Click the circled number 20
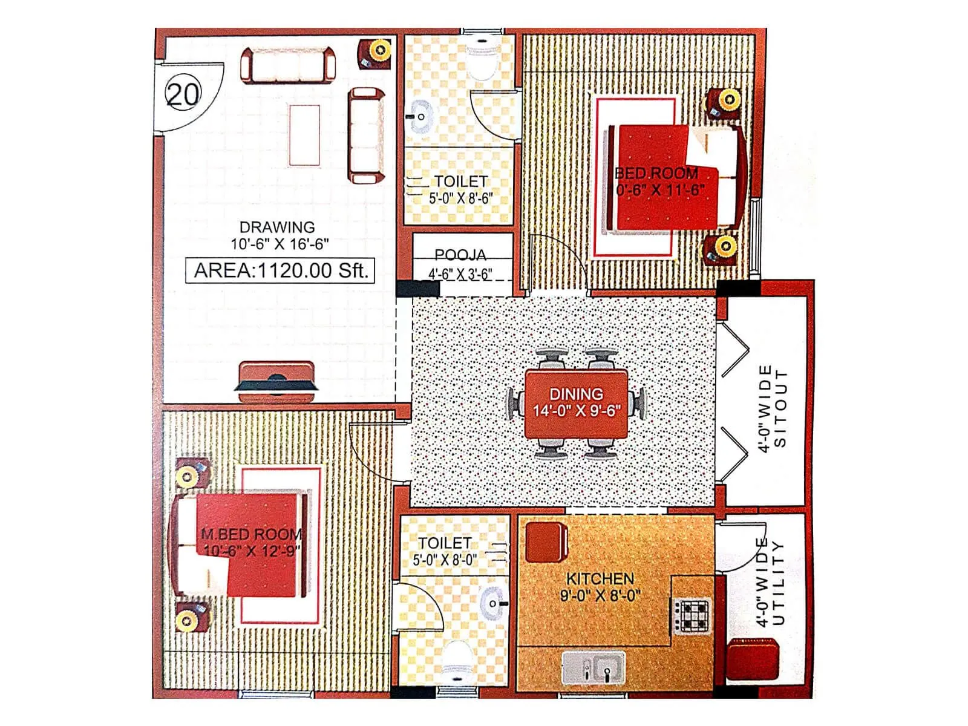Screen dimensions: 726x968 click(x=182, y=94)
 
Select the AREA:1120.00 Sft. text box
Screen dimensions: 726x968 click(x=281, y=270)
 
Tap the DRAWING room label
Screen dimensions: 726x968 click(x=277, y=227)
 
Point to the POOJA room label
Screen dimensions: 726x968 click(x=460, y=255)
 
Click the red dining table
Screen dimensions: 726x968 click(x=576, y=403)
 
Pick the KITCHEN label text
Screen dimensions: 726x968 click(x=600, y=578)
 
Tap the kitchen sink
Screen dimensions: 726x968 click(x=594, y=667)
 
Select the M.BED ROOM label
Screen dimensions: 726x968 click(x=251, y=534)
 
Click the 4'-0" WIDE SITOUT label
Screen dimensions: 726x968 click(x=773, y=407)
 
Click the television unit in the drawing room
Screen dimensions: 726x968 click(x=276, y=382)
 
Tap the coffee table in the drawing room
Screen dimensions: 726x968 click(x=304, y=135)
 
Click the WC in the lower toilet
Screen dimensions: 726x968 click(x=458, y=662)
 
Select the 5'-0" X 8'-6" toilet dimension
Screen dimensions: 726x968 click(x=460, y=198)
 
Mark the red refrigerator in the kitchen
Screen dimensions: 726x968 click(x=546, y=542)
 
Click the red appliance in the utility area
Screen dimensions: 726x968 click(x=752, y=661)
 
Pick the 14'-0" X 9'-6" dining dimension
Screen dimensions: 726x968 click(x=576, y=411)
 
